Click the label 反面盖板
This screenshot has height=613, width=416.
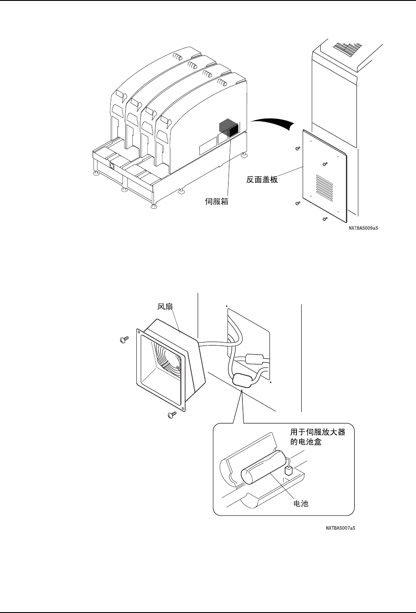262,179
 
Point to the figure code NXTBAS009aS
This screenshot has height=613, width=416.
364,228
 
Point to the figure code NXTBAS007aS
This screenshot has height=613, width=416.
341,527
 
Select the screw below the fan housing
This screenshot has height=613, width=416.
172,414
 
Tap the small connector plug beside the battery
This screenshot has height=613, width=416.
289,471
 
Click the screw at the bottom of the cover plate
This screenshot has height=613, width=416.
325,219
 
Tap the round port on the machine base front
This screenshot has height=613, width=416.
112,166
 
